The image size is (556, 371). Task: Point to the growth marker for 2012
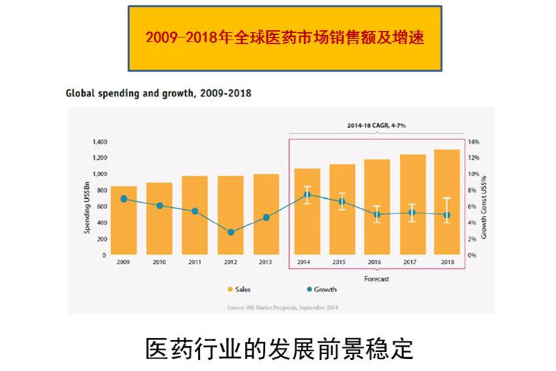[x=231, y=232]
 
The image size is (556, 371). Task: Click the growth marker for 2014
[x=307, y=195]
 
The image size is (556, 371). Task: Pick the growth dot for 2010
[x=160, y=206]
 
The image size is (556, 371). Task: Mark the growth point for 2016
[x=377, y=214]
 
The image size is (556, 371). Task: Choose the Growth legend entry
[x=321, y=289]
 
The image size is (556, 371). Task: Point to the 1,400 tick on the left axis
[x=99, y=142]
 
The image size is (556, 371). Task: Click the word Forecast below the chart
[x=377, y=279]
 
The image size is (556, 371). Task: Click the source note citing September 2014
[x=283, y=307]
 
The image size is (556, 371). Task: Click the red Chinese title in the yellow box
[x=285, y=37]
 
